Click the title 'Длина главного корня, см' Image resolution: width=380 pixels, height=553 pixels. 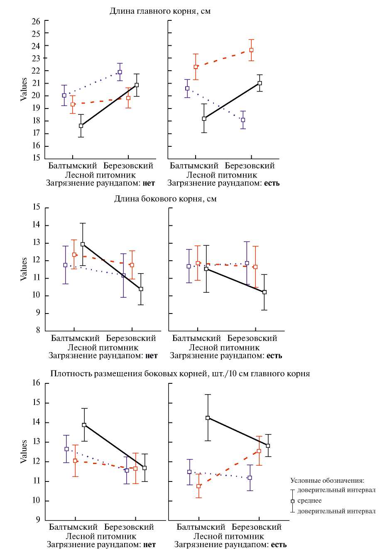click(x=160, y=11)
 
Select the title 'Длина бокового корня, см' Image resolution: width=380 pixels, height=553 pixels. click(x=165, y=199)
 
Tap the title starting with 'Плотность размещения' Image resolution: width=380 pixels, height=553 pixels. click(x=180, y=373)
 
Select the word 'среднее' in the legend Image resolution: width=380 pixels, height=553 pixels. click(x=309, y=501)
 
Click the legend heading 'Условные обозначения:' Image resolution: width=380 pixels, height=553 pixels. click(x=327, y=480)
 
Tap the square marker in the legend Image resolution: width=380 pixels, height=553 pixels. click(x=292, y=501)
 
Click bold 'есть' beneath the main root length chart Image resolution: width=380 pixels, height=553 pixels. click(x=270, y=183)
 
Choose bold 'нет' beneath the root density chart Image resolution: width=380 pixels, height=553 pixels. click(x=149, y=544)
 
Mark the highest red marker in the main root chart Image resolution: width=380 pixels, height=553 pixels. click(x=251, y=50)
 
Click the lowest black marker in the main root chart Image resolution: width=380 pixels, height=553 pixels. click(x=81, y=126)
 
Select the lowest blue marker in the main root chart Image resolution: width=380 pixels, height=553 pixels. click(x=243, y=120)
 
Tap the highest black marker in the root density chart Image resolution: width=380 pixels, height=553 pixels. click(x=208, y=418)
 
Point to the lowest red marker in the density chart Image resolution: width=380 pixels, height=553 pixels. click(x=199, y=486)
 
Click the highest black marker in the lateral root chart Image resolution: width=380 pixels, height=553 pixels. click(x=83, y=244)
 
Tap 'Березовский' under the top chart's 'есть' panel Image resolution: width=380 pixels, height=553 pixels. click(x=252, y=166)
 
